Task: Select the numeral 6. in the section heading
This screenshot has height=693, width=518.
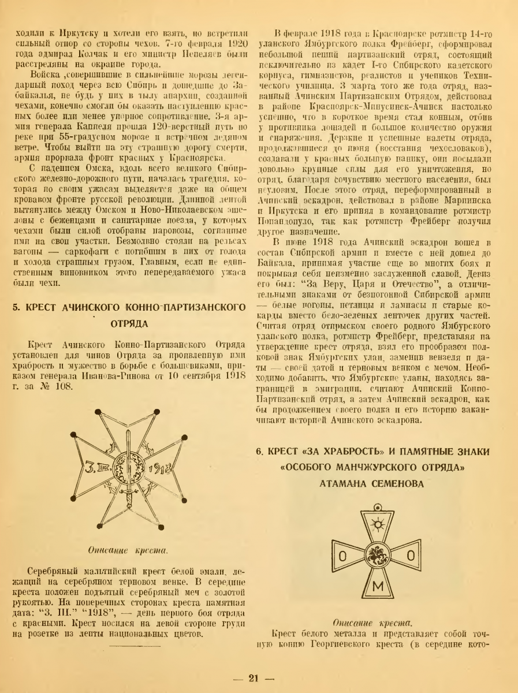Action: (x=262, y=450)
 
